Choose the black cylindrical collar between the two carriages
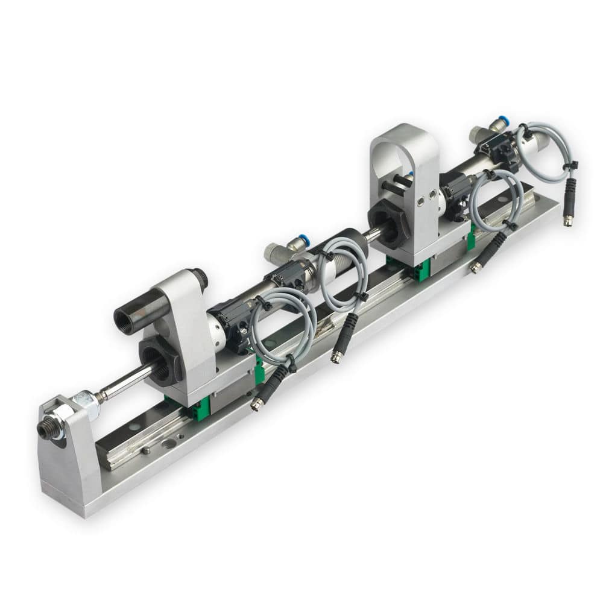point(348,241)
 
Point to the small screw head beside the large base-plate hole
point(147,450)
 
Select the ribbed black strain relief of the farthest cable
point(569,192)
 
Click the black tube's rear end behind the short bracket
point(200,279)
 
